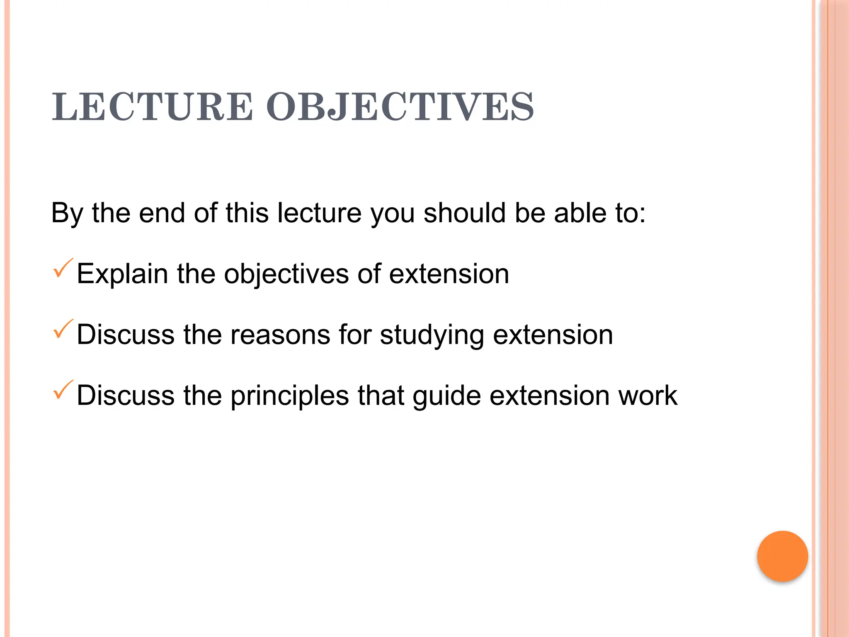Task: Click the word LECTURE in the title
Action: pyautogui.click(x=152, y=107)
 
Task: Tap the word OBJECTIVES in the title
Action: pyautogui.click(x=400, y=107)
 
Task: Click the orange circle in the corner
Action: pyautogui.click(x=782, y=556)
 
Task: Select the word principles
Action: pyautogui.click(x=290, y=396)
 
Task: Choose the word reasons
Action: pyautogui.click(x=280, y=335)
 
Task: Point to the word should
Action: pyautogui.click(x=464, y=213)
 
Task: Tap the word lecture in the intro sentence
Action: pyautogui.click(x=319, y=213)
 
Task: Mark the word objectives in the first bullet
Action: pyautogui.click(x=286, y=274)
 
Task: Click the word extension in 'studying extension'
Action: pyautogui.click(x=553, y=335)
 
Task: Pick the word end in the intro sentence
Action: pyautogui.click(x=162, y=213)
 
